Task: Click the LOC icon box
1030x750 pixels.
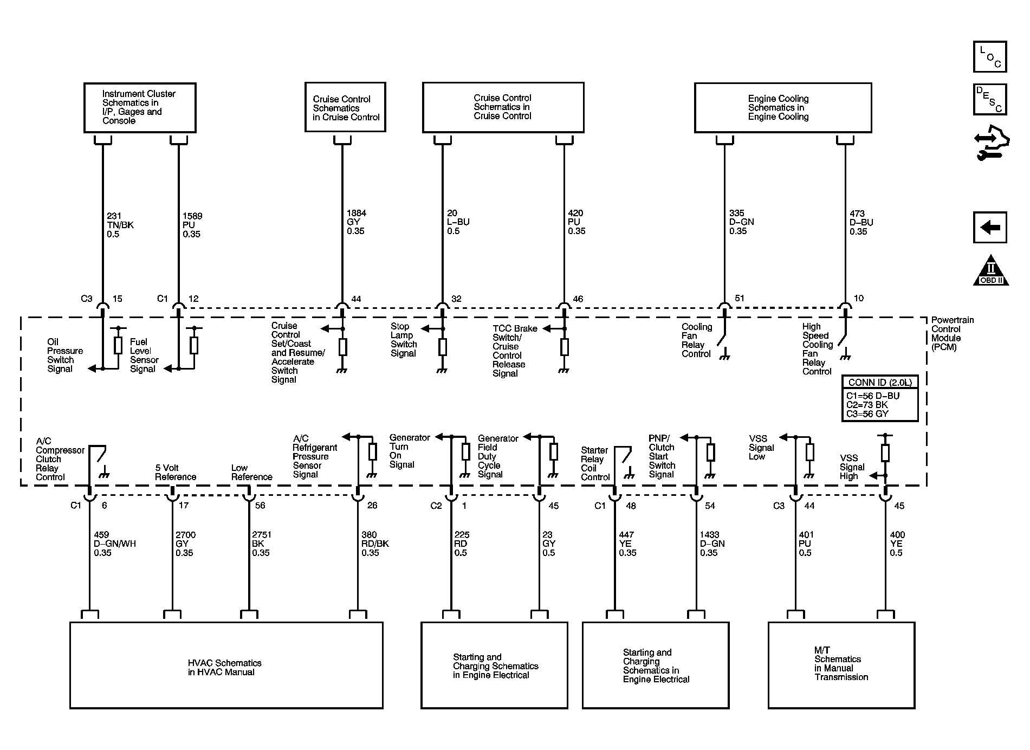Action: pos(989,56)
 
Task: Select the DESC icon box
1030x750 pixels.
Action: pos(989,99)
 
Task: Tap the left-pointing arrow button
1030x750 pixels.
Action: pos(989,227)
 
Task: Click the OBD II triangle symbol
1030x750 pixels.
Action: pos(990,271)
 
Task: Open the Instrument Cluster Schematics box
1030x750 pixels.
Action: pos(140,107)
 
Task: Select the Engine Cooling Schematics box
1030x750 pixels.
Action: pos(782,107)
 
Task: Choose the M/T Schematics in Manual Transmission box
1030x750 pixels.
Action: pos(841,664)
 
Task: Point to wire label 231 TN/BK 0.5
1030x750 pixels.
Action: pos(120,225)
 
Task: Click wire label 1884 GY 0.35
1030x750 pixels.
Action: pos(356,222)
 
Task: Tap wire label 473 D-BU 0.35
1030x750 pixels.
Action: pos(861,222)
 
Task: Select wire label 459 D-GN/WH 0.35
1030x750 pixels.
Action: pos(114,544)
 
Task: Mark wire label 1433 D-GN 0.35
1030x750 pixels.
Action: pos(712,544)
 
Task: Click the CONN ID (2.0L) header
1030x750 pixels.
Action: pos(880,382)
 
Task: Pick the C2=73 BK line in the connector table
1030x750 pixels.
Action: pos(867,405)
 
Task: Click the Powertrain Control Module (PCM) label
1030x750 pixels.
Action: pos(952,333)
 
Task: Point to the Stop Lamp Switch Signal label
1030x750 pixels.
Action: pos(404,340)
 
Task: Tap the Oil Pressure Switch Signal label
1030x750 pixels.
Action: pos(64,355)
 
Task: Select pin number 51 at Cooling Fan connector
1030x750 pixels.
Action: pos(739,298)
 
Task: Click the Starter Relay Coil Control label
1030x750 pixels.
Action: pos(595,464)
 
